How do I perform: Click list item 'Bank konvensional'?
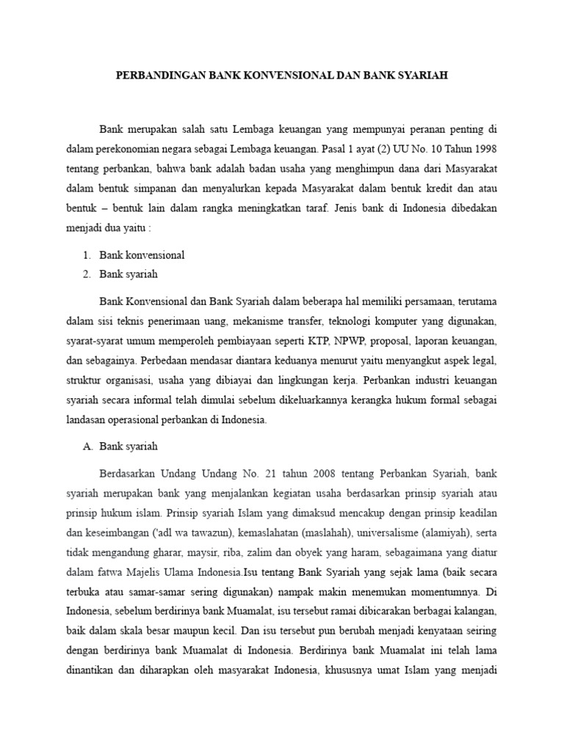pyautogui.click(x=142, y=255)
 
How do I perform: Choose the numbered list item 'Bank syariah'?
pyautogui.click(x=129, y=274)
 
